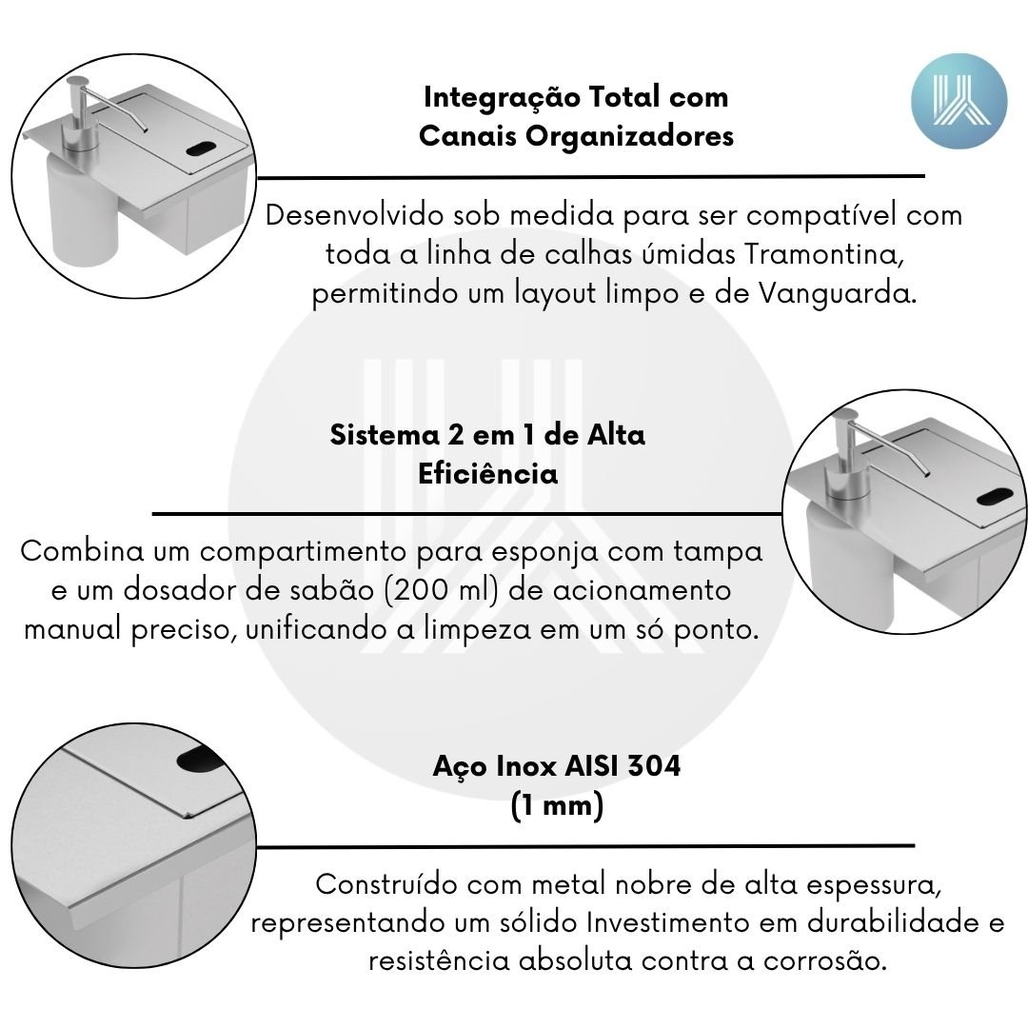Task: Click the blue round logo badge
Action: pos(959,102)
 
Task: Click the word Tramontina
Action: pos(822,254)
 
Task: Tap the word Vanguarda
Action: pos(838,293)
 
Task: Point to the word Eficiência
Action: pos(487,473)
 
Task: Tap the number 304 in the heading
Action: pos(654,765)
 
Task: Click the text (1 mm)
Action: pos(557,804)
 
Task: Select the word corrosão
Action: pos(824,961)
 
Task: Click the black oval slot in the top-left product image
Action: pos(205,148)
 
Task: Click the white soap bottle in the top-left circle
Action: pos(81,210)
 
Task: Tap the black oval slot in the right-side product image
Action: pos(994,497)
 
